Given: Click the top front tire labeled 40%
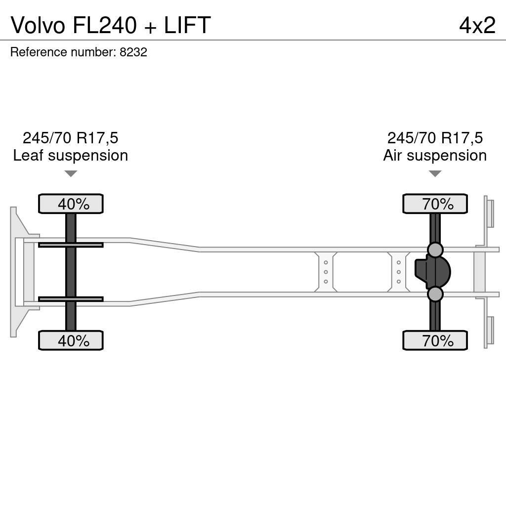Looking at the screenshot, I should click(71, 204).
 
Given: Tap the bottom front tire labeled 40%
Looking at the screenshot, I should click(71, 340).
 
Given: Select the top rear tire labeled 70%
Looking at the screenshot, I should click(435, 204).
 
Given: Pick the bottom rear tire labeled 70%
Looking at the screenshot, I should click(435, 340).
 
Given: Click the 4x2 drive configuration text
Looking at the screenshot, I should click(477, 25).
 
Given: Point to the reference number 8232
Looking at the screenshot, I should click(133, 52).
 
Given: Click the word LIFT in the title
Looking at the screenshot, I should click(187, 25).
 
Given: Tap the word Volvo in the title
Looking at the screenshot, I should click(38, 25).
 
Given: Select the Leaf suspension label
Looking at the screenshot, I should click(71, 155).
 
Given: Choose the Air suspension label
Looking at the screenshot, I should click(435, 155).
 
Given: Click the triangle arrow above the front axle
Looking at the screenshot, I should click(71, 173).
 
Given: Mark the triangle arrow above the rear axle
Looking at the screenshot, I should click(435, 173).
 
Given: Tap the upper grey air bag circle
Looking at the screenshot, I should click(435, 250).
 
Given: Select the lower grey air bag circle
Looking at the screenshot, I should click(435, 295).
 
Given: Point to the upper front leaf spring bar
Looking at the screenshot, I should click(71, 245).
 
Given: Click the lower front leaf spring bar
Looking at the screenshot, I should click(71, 299).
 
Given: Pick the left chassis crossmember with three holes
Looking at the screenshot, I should click(326, 272).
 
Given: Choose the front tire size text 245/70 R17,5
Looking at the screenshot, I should click(71, 138).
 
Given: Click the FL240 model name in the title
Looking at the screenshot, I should click(104, 25).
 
